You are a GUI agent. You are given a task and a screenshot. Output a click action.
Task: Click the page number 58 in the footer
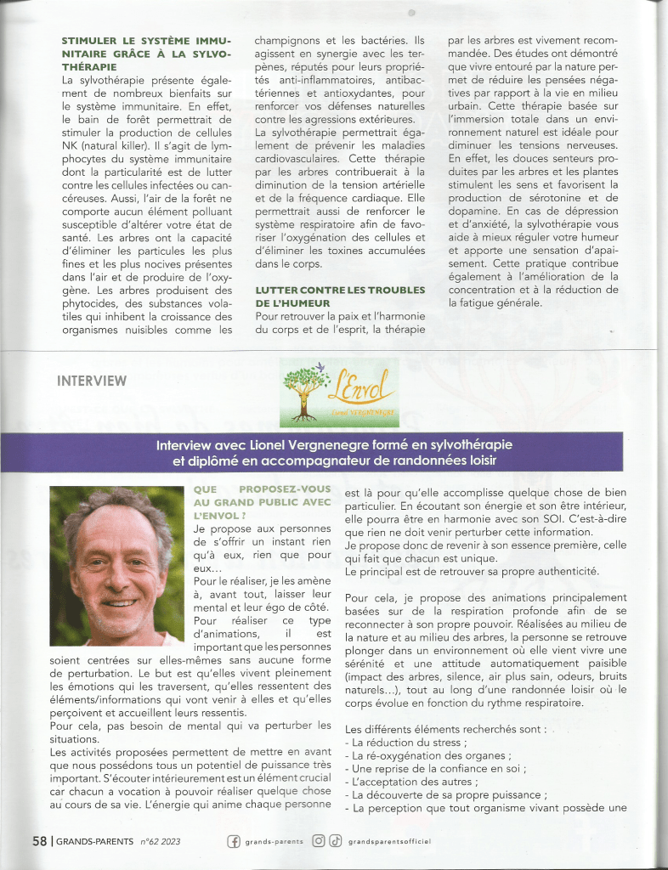click(39, 841)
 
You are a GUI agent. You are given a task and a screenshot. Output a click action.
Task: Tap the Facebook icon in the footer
click(233, 841)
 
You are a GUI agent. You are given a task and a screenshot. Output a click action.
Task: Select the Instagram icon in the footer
click(319, 841)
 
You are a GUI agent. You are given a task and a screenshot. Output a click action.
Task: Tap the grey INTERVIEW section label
click(92, 381)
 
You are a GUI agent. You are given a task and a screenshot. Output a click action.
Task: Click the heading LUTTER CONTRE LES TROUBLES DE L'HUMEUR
click(340, 297)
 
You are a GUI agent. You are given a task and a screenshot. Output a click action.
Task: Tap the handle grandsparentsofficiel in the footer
click(391, 841)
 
